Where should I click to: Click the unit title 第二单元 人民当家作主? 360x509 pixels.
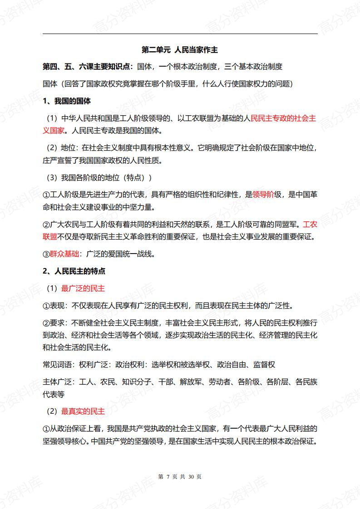click(x=180, y=49)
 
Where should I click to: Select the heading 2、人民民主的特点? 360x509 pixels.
click(x=74, y=271)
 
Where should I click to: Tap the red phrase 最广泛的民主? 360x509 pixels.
click(x=83, y=288)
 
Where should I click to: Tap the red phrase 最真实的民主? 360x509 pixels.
click(x=83, y=411)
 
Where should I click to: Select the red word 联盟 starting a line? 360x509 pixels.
click(x=50, y=237)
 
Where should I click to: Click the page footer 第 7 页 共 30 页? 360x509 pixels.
click(x=180, y=476)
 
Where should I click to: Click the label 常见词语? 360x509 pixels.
click(x=57, y=365)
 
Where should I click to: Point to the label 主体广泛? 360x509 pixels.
click(x=57, y=382)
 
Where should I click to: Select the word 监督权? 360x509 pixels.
click(x=264, y=365)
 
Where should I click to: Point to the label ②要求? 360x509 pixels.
click(x=54, y=323)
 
